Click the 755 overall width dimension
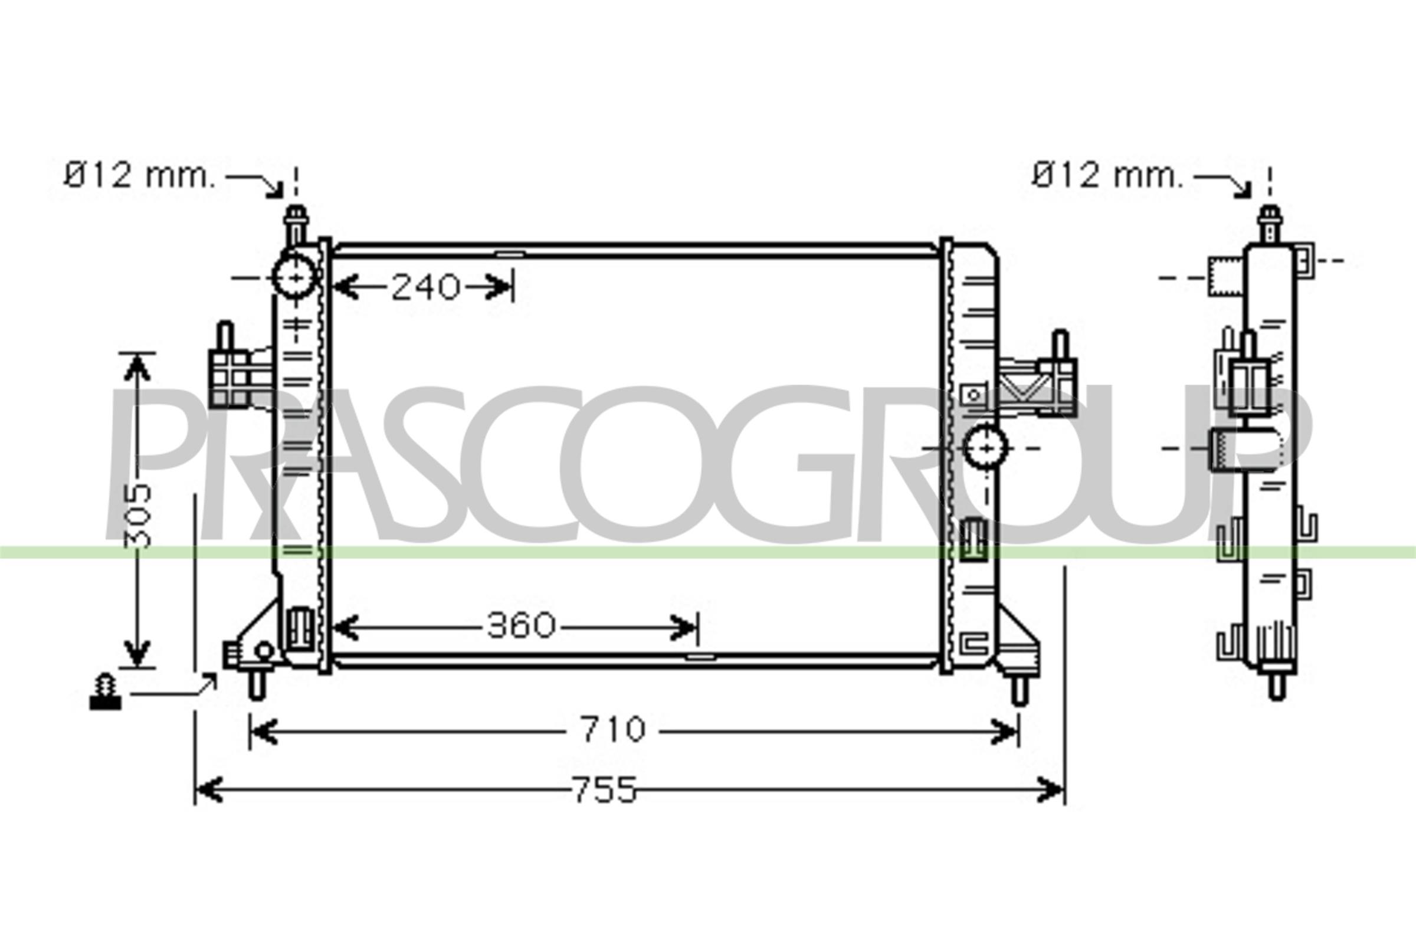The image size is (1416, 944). (604, 789)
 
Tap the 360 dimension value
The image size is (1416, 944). (521, 626)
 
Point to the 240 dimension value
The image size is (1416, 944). (425, 287)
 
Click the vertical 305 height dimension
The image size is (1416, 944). (138, 514)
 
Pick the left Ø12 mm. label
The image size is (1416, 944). (139, 175)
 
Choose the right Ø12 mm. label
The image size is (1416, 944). (1107, 175)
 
